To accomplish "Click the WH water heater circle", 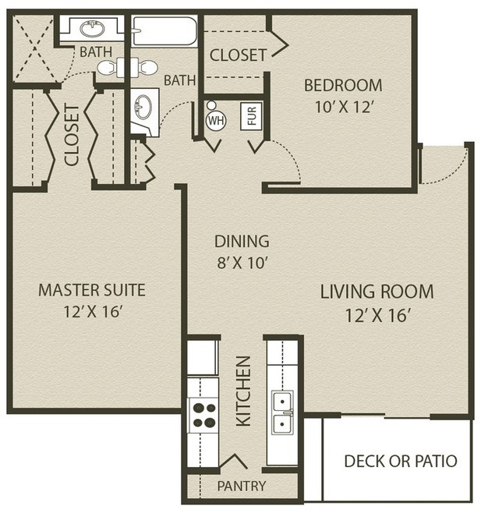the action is pyautogui.click(x=216, y=120).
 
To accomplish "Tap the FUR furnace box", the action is pyautogui.click(x=251, y=116).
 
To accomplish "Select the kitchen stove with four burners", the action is pyautogui.click(x=203, y=415).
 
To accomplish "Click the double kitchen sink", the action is pyautogui.click(x=282, y=412).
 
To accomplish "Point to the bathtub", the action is pyautogui.click(x=164, y=30).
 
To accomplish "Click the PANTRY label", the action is pyautogui.click(x=242, y=486).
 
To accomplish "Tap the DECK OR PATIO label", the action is pyautogui.click(x=401, y=461).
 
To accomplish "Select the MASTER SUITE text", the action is pyautogui.click(x=92, y=290).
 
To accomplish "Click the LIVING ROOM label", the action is pyautogui.click(x=377, y=292).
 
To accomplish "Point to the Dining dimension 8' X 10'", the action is pyautogui.click(x=242, y=263).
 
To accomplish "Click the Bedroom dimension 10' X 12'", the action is pyautogui.click(x=343, y=107).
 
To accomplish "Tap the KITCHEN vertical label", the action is pyautogui.click(x=243, y=391).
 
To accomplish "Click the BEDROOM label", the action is pyautogui.click(x=343, y=86).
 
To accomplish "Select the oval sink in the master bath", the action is pyautogui.click(x=92, y=29).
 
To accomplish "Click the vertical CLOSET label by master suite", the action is pyautogui.click(x=72, y=135).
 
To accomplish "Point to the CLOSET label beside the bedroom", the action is pyautogui.click(x=238, y=55).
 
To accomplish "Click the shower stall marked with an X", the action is pyautogui.click(x=34, y=49).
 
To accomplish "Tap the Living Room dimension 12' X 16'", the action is pyautogui.click(x=378, y=316).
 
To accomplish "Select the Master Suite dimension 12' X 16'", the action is pyautogui.click(x=93, y=312).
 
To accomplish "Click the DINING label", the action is pyautogui.click(x=242, y=242).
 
